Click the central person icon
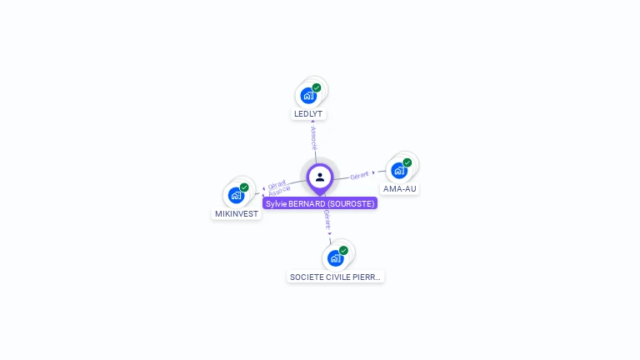[320, 177]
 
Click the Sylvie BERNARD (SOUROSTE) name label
[320, 203]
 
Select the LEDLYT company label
[308, 113]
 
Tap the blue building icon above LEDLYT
[308, 95]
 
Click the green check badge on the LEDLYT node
[317, 87]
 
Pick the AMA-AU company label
[400, 189]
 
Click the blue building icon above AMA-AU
[399, 171]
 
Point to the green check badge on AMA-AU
[407, 162]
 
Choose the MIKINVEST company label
[237, 214]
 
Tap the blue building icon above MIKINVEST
[237, 196]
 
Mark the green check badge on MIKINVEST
[244, 187]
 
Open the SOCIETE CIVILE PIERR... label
[336, 277]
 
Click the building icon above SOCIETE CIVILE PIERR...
[335, 258]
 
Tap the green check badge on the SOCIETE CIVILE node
[343, 250]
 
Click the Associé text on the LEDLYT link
[312, 139]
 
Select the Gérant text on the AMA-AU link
[359, 176]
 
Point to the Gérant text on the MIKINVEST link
[277, 184]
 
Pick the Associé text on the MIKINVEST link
[279, 192]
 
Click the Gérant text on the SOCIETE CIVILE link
[327, 219]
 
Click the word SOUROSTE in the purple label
[351, 203]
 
